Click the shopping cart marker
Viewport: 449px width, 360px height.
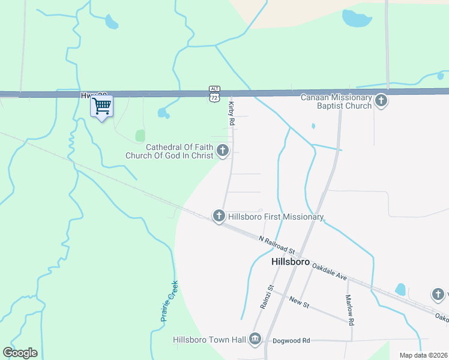[x=102, y=107]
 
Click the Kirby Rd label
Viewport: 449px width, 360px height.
[x=231, y=113]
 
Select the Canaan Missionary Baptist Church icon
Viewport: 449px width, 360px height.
[x=381, y=101]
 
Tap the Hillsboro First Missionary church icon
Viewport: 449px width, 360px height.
[x=219, y=216]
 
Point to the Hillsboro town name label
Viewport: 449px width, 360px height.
[x=290, y=262]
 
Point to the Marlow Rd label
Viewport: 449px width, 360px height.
[x=349, y=309]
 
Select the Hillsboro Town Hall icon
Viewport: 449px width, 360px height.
[x=256, y=340]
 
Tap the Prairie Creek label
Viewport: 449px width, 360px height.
[x=169, y=301]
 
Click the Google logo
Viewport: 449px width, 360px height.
[x=20, y=353]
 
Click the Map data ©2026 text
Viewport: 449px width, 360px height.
[x=423, y=355]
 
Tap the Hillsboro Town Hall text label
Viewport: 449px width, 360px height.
[x=209, y=340]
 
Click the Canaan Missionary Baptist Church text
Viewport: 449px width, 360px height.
[x=336, y=101]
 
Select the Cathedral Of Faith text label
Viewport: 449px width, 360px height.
[x=170, y=151]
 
